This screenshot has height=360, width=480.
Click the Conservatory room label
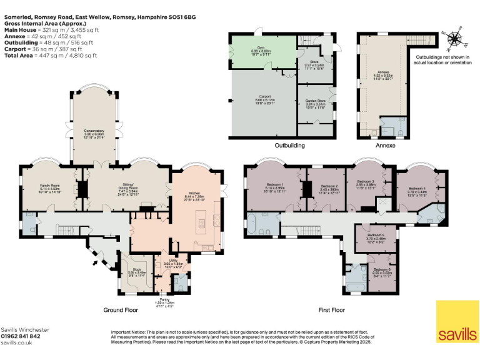(94, 131)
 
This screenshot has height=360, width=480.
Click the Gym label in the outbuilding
(262, 48)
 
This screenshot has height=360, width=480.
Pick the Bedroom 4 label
(417, 188)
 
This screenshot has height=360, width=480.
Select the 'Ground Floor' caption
(121, 310)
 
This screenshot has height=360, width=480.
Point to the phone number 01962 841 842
(21, 336)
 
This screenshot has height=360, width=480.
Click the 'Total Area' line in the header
(50, 56)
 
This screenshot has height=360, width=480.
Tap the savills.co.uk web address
(16, 343)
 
